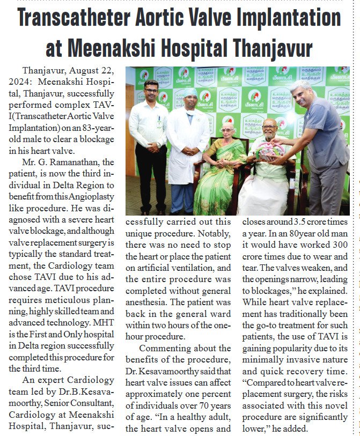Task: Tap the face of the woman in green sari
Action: tap(227, 132)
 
